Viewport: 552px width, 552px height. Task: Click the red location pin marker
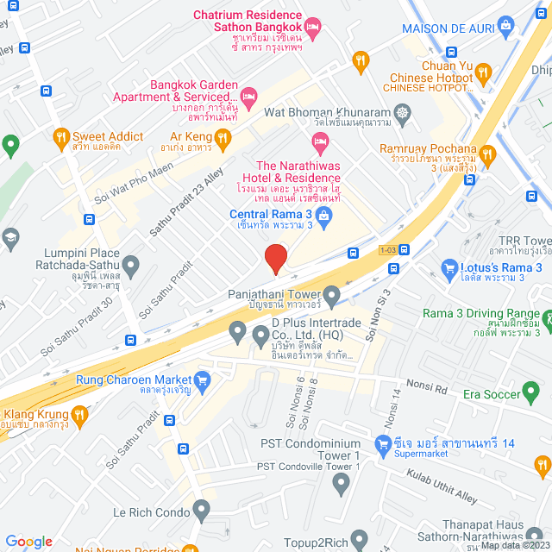coord(275,257)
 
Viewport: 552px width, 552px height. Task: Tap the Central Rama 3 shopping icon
coord(324,223)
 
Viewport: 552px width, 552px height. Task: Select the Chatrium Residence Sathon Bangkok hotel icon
coord(313,27)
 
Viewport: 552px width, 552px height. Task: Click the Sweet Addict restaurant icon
coord(60,136)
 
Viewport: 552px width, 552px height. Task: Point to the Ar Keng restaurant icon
coord(223,136)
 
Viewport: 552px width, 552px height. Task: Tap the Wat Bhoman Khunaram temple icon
coord(402,112)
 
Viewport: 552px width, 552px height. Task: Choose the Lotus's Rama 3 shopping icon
coord(448,269)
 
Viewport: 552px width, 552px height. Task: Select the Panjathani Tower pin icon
coord(331,295)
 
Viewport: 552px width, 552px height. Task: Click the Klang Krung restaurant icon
coord(80,416)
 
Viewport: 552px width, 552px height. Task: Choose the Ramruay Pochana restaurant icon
coord(488,155)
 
